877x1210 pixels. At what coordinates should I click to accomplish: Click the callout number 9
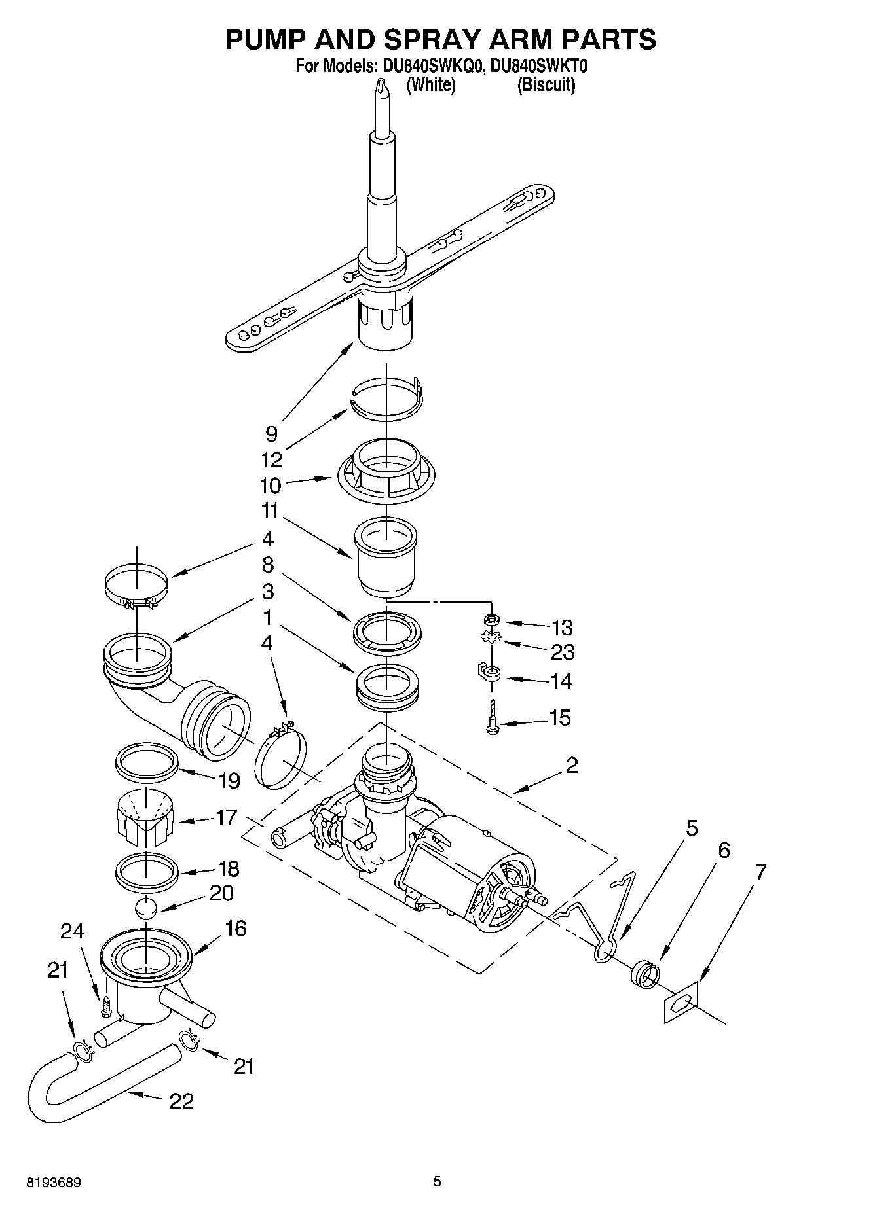coord(271,434)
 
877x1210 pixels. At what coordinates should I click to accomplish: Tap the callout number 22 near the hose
coord(181,1101)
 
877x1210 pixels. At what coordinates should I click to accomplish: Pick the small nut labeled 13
coord(490,619)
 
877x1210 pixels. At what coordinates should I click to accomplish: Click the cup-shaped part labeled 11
coord(384,556)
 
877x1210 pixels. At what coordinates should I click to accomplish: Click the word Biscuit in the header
coord(546,85)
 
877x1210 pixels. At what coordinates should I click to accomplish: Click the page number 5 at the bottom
coord(437,1182)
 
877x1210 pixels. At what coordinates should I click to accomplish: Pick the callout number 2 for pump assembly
coord(572,765)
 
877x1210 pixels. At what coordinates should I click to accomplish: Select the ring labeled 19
coord(147,760)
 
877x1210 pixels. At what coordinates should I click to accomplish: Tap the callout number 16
coord(236,928)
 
